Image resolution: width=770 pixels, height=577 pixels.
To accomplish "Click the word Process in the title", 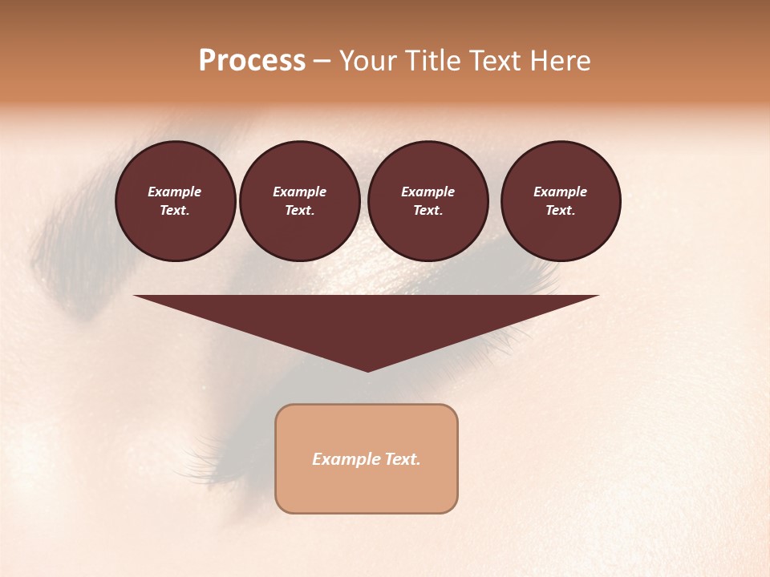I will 252,61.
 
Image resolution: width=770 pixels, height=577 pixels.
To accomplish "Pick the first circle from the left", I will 175,201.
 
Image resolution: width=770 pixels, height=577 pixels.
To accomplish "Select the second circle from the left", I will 299,201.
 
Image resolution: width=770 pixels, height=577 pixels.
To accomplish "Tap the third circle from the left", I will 428,201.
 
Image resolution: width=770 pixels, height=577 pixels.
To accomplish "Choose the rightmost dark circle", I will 561,201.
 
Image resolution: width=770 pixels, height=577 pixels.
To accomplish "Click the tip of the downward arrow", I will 367,370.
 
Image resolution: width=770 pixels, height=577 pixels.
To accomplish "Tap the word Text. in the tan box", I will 402,459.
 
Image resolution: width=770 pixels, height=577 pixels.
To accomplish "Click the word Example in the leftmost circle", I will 175,192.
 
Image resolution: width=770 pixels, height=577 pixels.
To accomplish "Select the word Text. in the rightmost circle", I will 561,211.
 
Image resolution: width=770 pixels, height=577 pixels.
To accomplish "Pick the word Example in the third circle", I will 428,192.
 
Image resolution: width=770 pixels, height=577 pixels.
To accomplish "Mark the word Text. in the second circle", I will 299,211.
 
